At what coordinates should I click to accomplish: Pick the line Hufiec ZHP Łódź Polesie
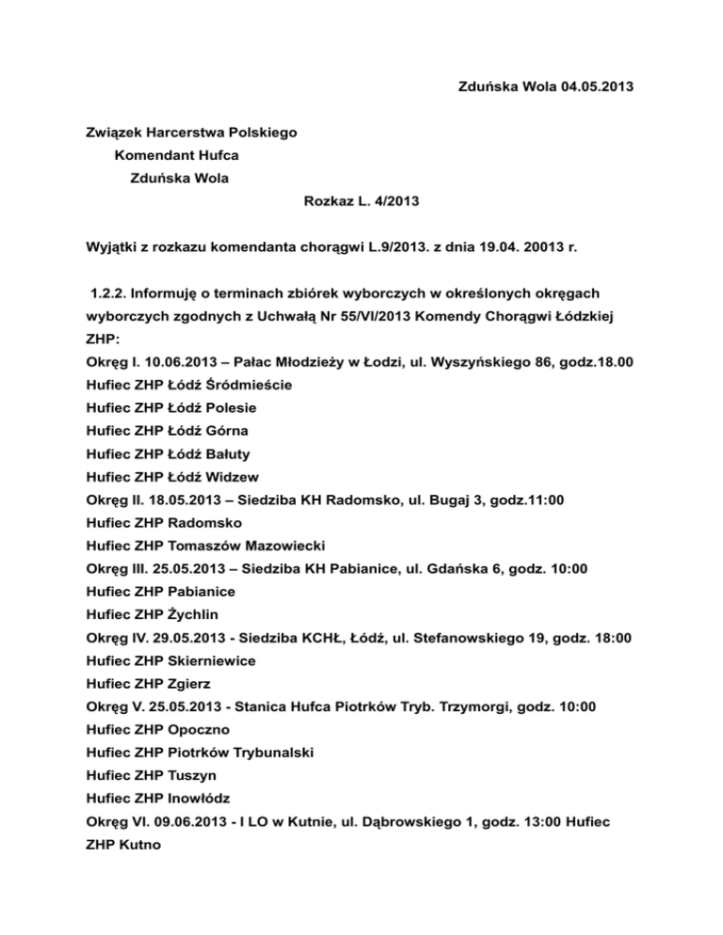[x=171, y=407]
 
